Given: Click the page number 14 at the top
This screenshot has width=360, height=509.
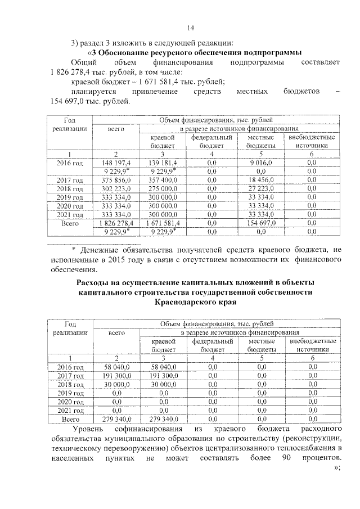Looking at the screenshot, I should click(190, 29).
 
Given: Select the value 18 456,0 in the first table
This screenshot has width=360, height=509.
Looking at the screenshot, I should click(260, 180).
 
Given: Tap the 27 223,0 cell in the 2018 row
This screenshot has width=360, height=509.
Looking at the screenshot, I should click(260, 189).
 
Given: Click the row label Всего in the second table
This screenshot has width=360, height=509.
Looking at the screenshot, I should click(70, 419).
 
